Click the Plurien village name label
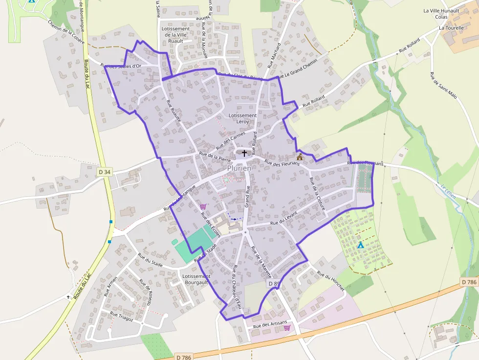(239, 168)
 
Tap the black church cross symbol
(244, 153)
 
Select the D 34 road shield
(104, 172)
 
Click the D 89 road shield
(274, 284)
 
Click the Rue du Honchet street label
(331, 281)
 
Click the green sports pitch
(194, 244)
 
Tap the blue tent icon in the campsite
(360, 245)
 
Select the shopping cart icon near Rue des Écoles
(203, 207)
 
